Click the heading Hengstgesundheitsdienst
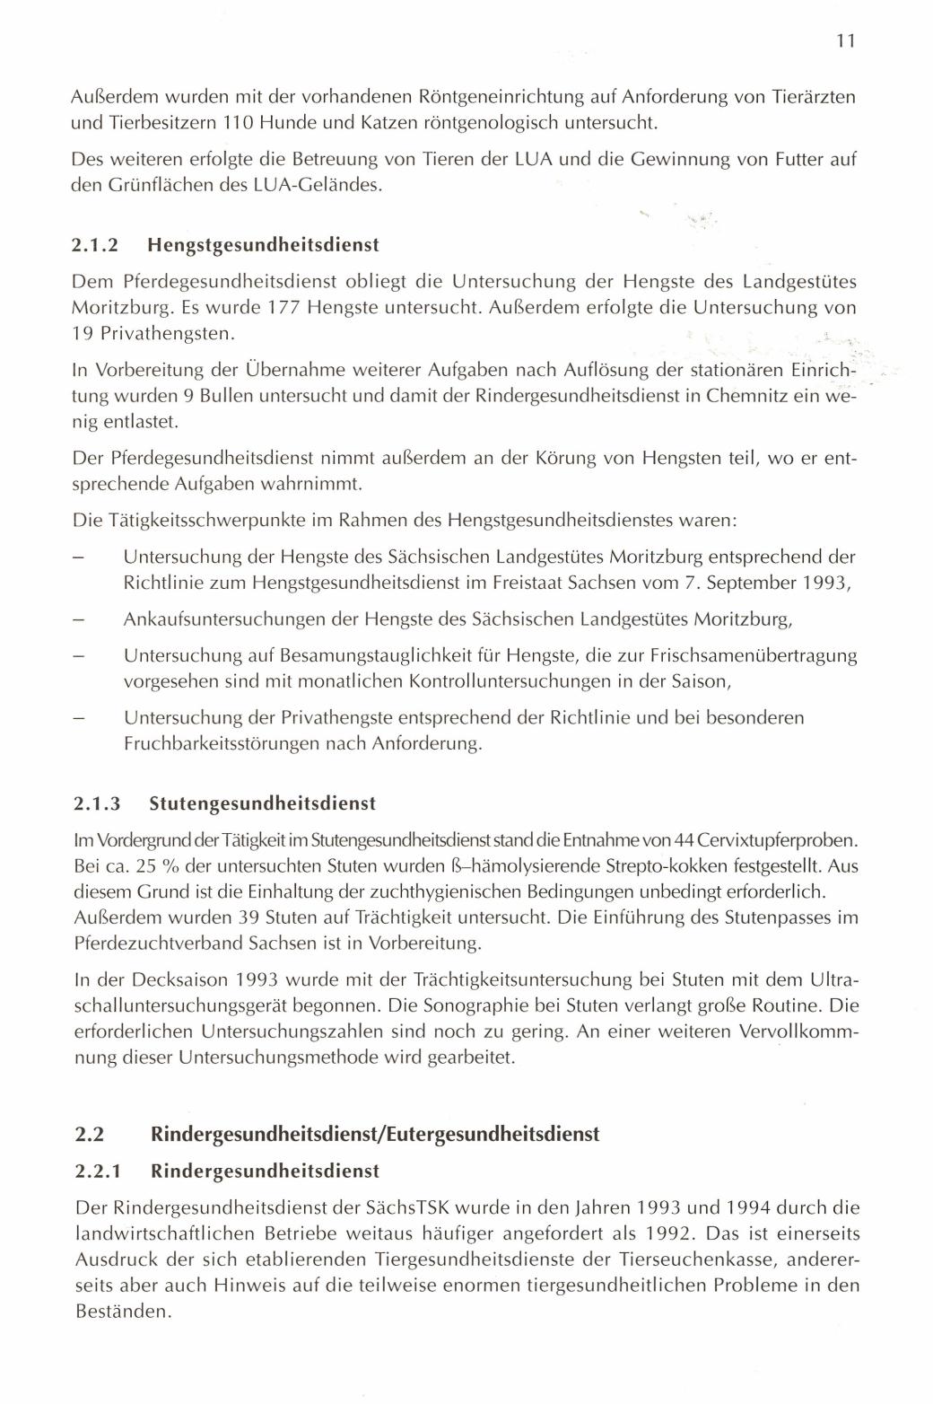coord(264,244)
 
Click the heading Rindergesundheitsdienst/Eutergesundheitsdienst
coord(375,1133)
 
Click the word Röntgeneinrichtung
coord(500,95)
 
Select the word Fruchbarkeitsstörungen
coord(221,744)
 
